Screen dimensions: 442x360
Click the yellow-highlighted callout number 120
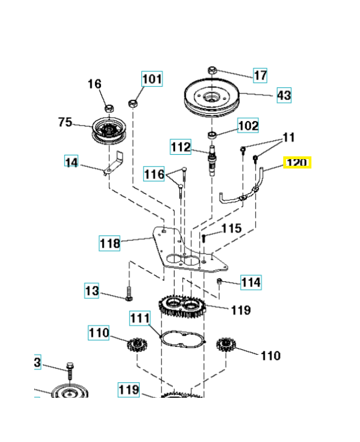[298, 163]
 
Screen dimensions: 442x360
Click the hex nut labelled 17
[213, 70]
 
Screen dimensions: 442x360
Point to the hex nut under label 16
[109, 107]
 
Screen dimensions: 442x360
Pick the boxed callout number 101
[152, 79]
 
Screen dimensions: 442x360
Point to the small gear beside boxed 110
[135, 346]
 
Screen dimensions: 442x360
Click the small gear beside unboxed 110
[225, 346]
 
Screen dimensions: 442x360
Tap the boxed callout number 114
[251, 282]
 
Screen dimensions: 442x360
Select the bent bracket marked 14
[114, 164]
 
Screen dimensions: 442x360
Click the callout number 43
[283, 96]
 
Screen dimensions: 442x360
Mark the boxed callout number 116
[154, 175]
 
